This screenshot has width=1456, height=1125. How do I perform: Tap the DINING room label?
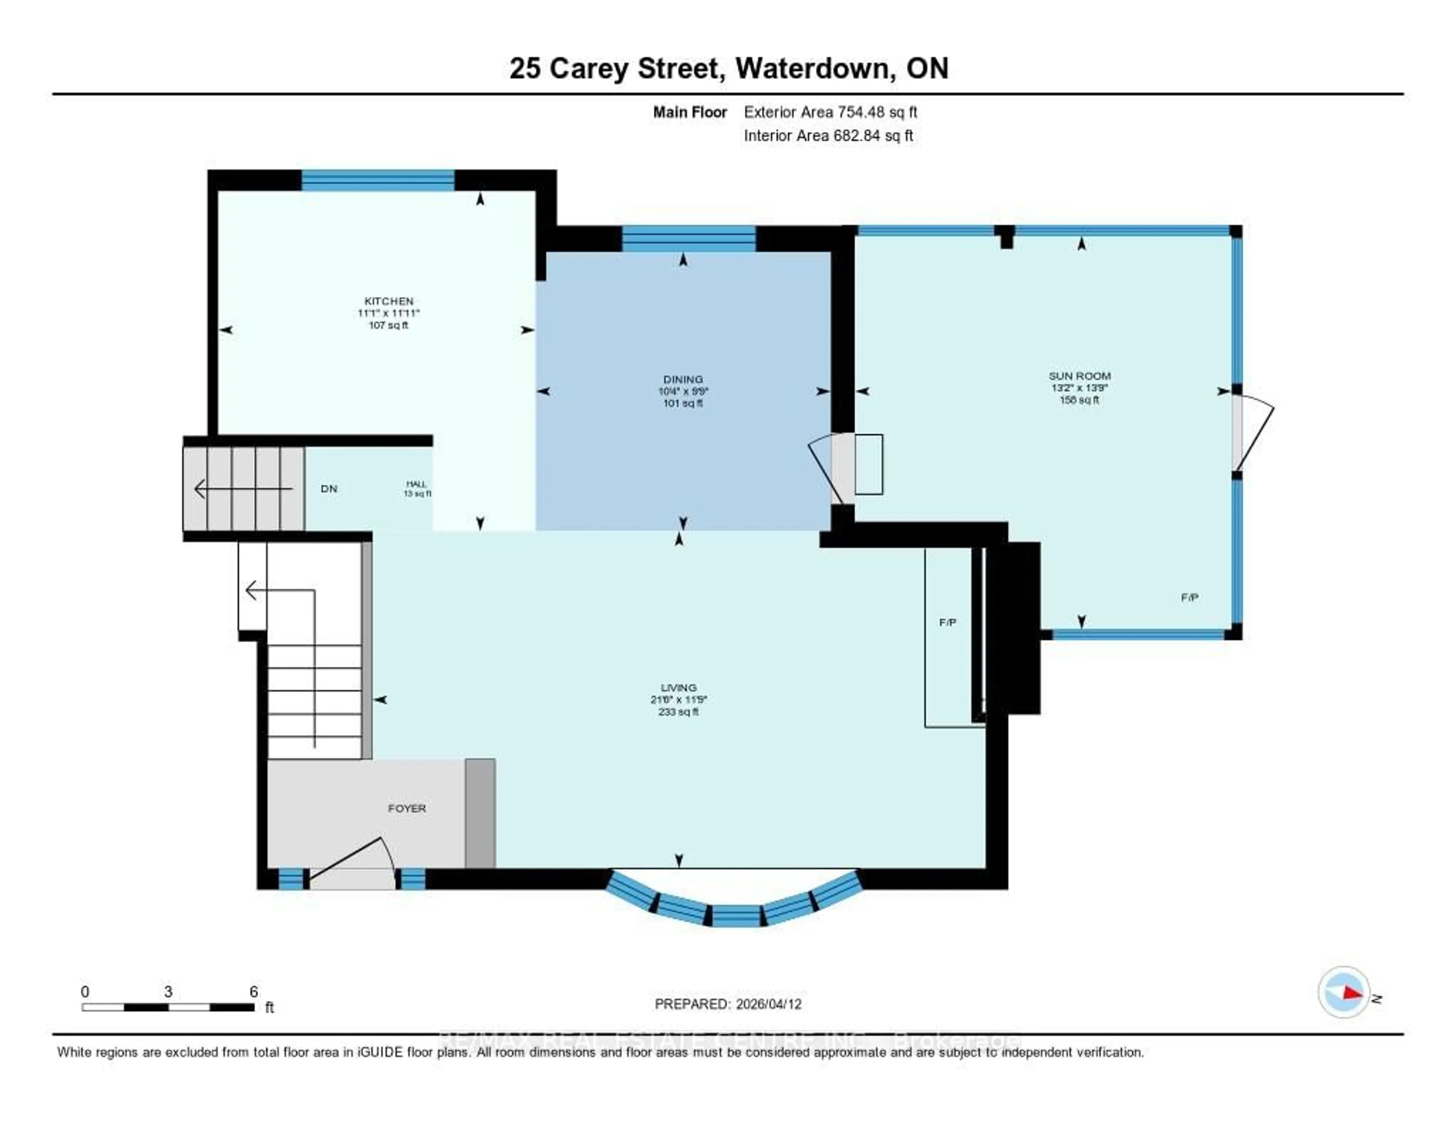pyautogui.click(x=682, y=379)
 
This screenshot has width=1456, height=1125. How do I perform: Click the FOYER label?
pyautogui.click(x=407, y=808)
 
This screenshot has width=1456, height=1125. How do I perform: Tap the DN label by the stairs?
pyautogui.click(x=329, y=489)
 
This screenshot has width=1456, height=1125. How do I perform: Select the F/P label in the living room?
pyautogui.click(x=947, y=622)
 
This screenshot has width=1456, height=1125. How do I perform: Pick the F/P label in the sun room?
pyautogui.click(x=1189, y=597)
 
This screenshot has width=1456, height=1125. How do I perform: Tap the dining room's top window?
pyautogui.click(x=689, y=239)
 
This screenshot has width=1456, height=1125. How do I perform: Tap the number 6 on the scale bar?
pyautogui.click(x=253, y=991)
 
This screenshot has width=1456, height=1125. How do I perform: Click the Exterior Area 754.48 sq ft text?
pyautogui.click(x=830, y=112)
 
